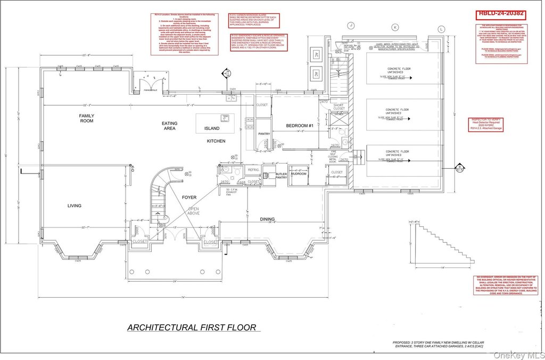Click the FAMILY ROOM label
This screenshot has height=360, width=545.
pyautogui.click(x=86, y=118)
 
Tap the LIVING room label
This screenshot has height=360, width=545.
pyautogui.click(x=75, y=206)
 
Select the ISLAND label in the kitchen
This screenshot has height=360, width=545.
pyautogui.click(x=212, y=128)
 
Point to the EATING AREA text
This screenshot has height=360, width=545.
pyautogui.click(x=170, y=126)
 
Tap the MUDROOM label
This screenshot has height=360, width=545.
pyautogui.click(x=299, y=174)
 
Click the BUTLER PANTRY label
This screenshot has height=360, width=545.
pyautogui.click(x=280, y=175)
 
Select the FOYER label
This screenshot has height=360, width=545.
pyautogui.click(x=189, y=197)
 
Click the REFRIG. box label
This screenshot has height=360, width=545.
pyautogui.click(x=253, y=169)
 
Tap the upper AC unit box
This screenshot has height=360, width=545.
pyautogui.click(x=315, y=54)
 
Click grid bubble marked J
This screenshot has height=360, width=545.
pyautogui.click(x=351, y=25)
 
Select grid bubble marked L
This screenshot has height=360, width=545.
pyautogui.click(x=441, y=28)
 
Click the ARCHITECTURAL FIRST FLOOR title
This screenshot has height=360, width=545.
pyautogui.click(x=192, y=328)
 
